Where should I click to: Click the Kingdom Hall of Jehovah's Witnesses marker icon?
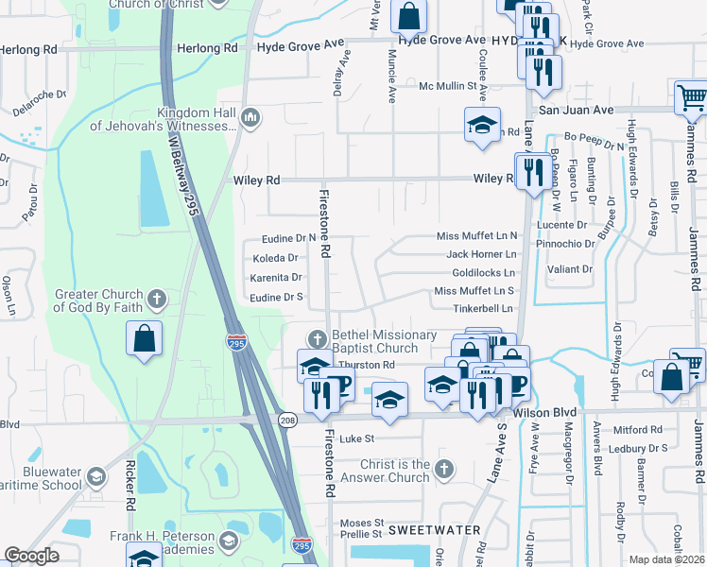250,118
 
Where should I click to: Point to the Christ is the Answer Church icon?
445,469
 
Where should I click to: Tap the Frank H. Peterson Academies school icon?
228,541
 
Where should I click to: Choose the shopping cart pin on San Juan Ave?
691,96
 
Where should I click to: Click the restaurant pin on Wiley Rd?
534,171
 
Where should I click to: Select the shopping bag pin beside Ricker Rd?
144,339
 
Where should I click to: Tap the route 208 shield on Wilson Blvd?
285,419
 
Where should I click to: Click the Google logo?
31,556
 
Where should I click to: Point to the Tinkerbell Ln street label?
482,308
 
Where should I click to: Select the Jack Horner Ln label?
481,254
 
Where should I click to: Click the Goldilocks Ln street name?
483,272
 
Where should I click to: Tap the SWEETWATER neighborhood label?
438,529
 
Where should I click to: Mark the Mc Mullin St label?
452,86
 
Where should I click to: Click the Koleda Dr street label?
275,257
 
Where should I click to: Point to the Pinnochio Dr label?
564,243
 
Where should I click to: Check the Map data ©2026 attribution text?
666,559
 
